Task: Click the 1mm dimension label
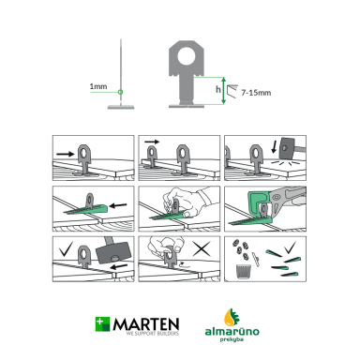point(98,86)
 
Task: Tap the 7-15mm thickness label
point(256,93)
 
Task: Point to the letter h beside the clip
point(218,90)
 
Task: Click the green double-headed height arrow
point(223,91)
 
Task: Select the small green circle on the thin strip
point(120,92)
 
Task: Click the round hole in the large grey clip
point(187,56)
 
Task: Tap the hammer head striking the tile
point(289,148)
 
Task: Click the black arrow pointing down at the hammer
point(275,146)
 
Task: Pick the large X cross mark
point(202,248)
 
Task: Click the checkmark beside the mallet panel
point(66,248)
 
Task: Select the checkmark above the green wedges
point(291,247)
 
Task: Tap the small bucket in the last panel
point(244,271)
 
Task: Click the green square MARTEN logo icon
point(102,324)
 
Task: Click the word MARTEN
point(146,324)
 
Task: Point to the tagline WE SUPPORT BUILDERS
point(153,334)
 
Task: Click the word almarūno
point(232,331)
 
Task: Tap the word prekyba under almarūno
point(232,339)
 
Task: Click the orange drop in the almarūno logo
point(229,318)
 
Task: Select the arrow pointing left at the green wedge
point(119,205)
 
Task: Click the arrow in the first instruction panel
point(66,154)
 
